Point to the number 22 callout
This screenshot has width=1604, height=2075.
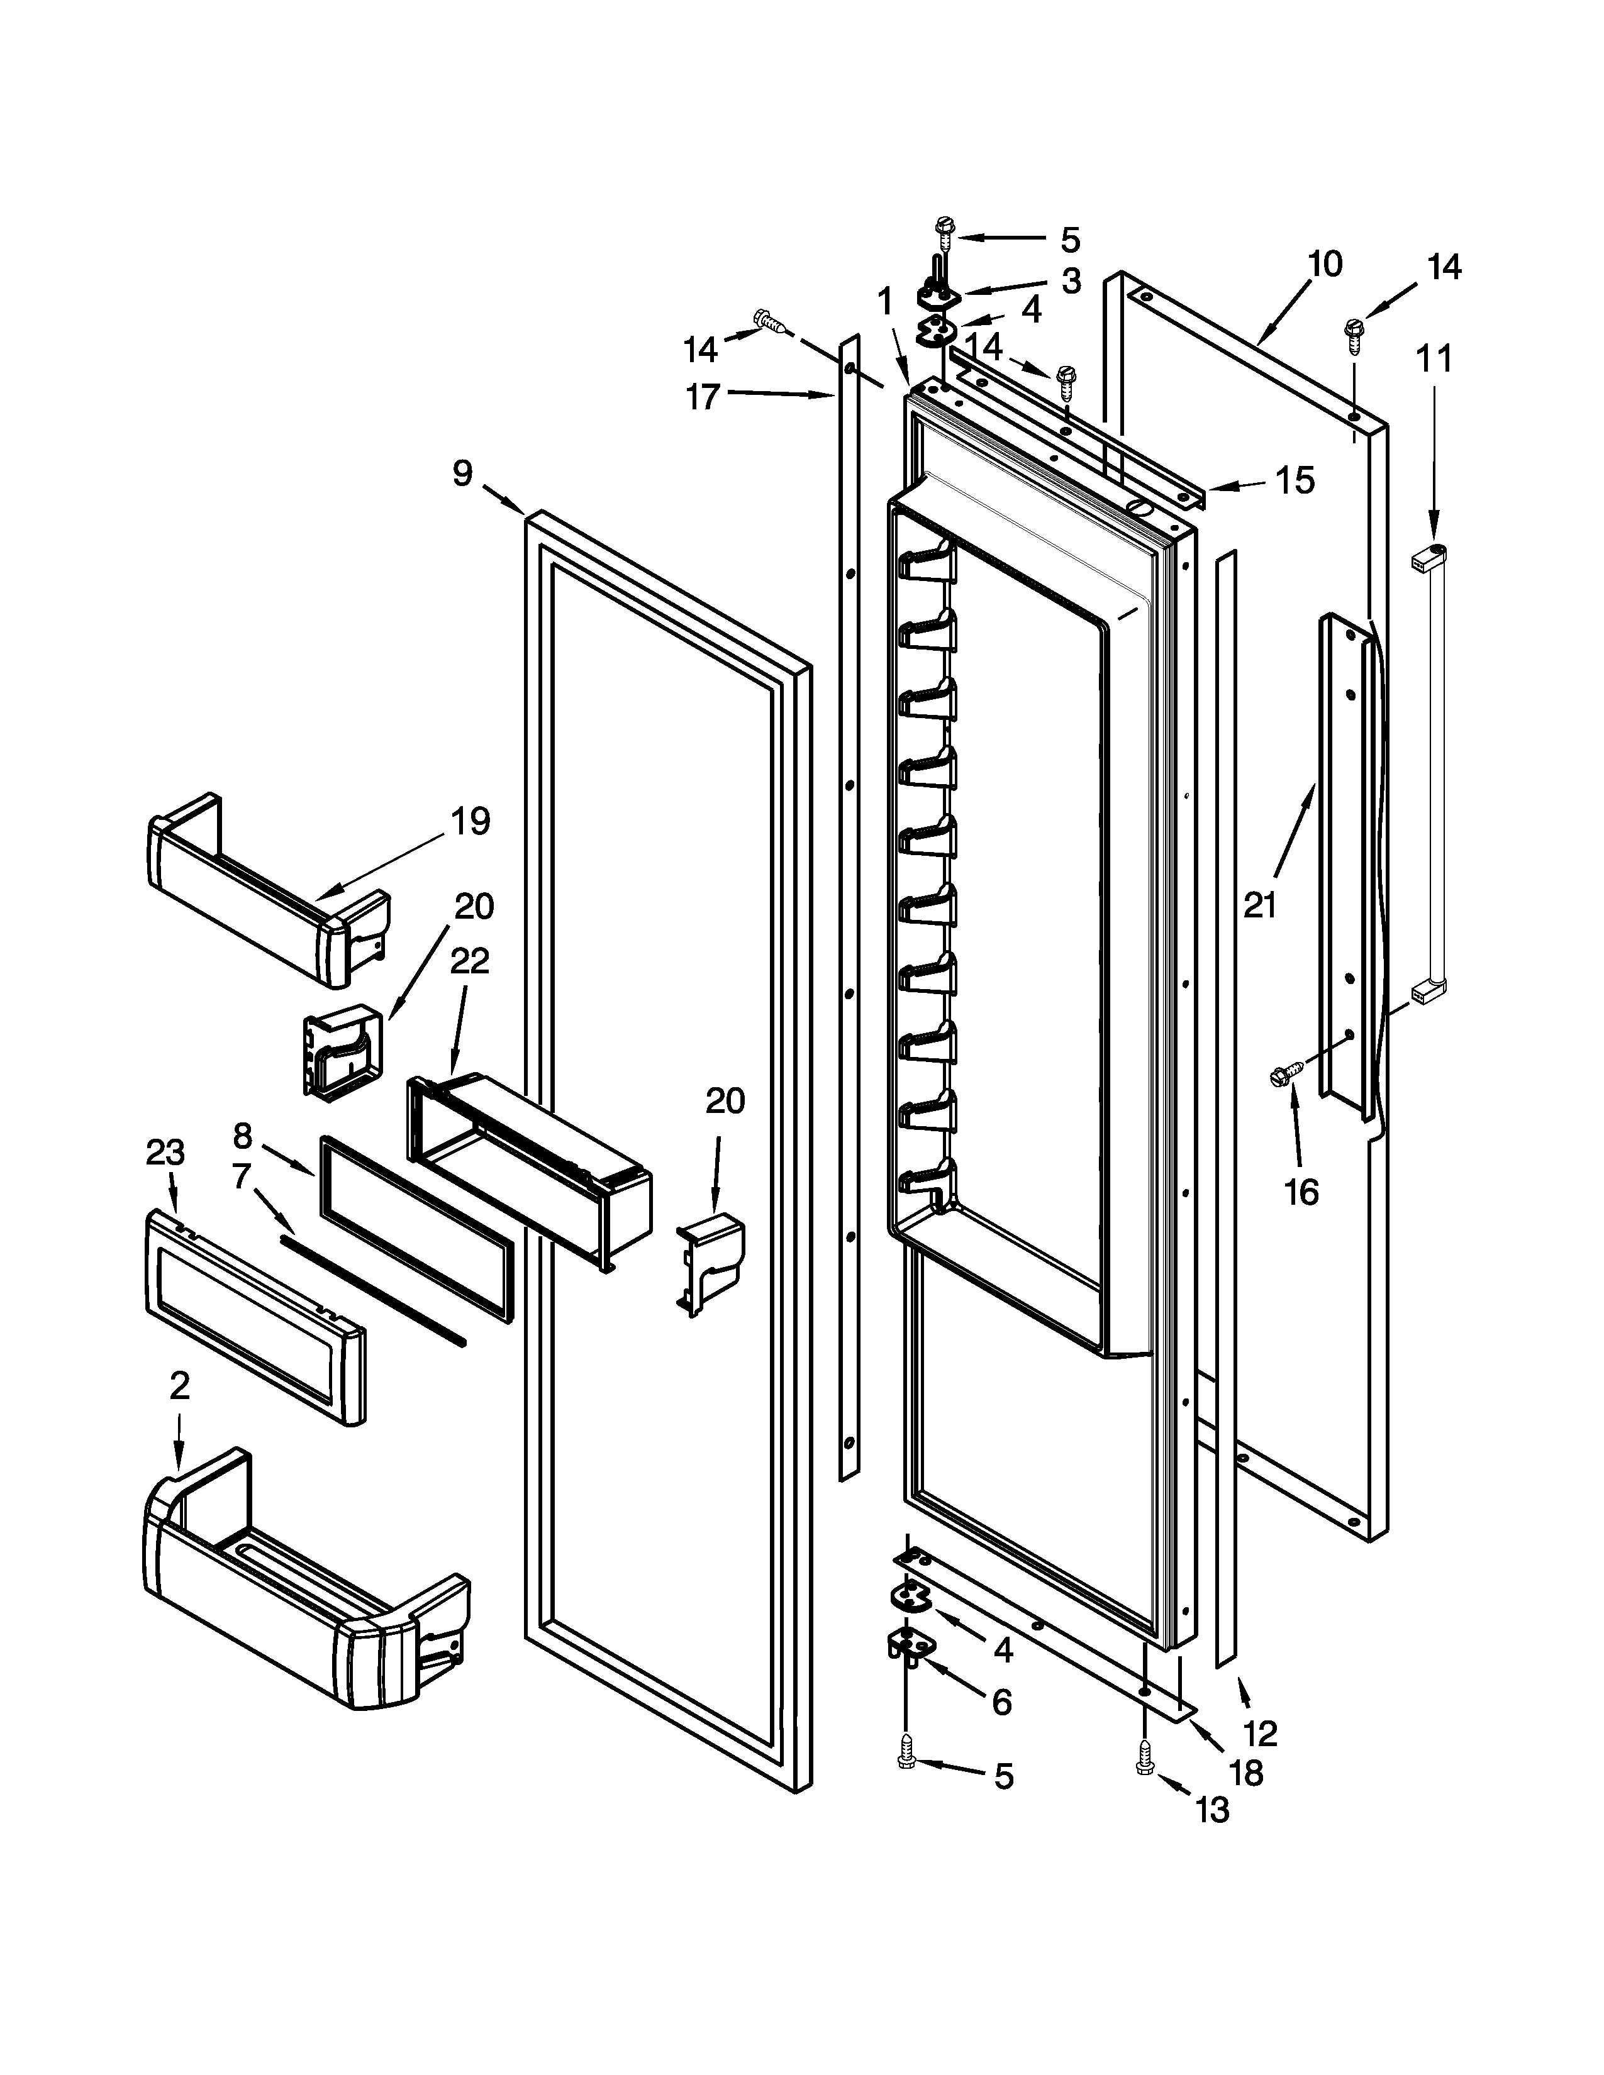(469, 961)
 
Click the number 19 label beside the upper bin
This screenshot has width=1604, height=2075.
(471, 820)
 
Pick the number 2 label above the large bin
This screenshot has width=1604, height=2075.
(180, 1386)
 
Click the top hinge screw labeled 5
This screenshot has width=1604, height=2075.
(944, 226)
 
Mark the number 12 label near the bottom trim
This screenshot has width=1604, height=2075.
(1260, 1734)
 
